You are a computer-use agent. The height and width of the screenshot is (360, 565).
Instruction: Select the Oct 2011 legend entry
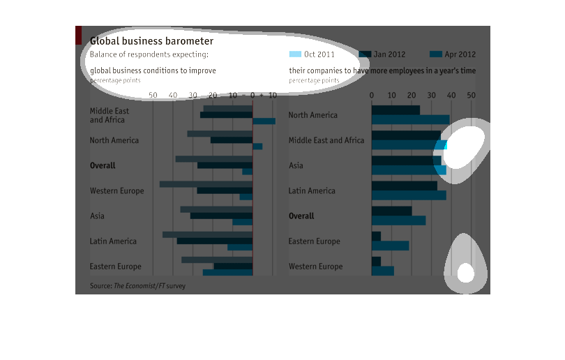pos(312,54)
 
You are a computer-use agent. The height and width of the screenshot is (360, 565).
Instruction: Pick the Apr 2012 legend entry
pos(453,54)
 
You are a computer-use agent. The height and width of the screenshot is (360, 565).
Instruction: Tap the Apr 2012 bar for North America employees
pos(410,120)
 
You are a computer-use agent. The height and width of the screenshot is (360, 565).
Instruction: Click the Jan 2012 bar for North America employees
pos(395,110)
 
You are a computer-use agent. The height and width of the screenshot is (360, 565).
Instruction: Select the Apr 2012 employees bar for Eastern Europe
pos(390,246)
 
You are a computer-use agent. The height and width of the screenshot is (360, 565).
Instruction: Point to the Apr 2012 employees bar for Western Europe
pos(382,271)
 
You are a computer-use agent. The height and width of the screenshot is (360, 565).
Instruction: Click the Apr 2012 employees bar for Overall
pos(398,220)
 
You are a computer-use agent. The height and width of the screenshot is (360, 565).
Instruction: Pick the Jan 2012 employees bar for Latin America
pos(404,186)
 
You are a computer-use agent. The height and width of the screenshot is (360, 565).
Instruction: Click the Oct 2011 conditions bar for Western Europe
pos(206,184)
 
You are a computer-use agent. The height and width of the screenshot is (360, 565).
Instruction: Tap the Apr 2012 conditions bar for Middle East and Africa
pos(264,121)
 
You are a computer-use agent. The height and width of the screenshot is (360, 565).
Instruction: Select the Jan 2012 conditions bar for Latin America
pos(214,241)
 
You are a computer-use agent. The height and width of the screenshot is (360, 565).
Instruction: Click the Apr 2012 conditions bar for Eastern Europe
pos(227,272)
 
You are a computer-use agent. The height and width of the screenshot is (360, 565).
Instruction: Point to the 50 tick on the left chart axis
pos(153,95)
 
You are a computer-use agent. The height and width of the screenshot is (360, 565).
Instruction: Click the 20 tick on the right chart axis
pos(412,95)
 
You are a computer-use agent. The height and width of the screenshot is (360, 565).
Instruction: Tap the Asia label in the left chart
pos(97,216)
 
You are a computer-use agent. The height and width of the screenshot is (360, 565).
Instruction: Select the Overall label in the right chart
pos(301,216)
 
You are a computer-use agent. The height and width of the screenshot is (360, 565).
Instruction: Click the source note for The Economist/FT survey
pos(137,285)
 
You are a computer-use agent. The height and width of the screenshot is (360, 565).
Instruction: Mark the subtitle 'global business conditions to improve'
pos(153,70)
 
